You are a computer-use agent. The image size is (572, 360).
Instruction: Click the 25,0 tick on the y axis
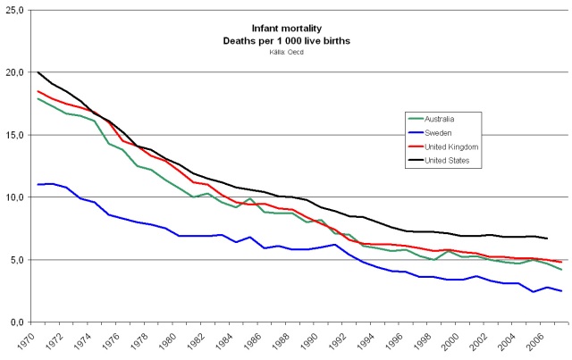coord(16,10)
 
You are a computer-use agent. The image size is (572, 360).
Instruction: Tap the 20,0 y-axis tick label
coord(16,72)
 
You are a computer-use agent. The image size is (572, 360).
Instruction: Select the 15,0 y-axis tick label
coord(16,135)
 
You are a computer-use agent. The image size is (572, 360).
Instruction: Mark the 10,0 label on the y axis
coord(16,197)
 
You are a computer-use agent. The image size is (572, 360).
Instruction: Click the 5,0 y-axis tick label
coord(18,260)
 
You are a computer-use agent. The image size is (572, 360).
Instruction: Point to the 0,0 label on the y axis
coord(18,322)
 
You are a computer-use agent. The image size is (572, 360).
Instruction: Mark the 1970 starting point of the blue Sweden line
coord(38,184)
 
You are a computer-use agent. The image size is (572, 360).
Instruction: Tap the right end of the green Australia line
coord(561,270)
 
